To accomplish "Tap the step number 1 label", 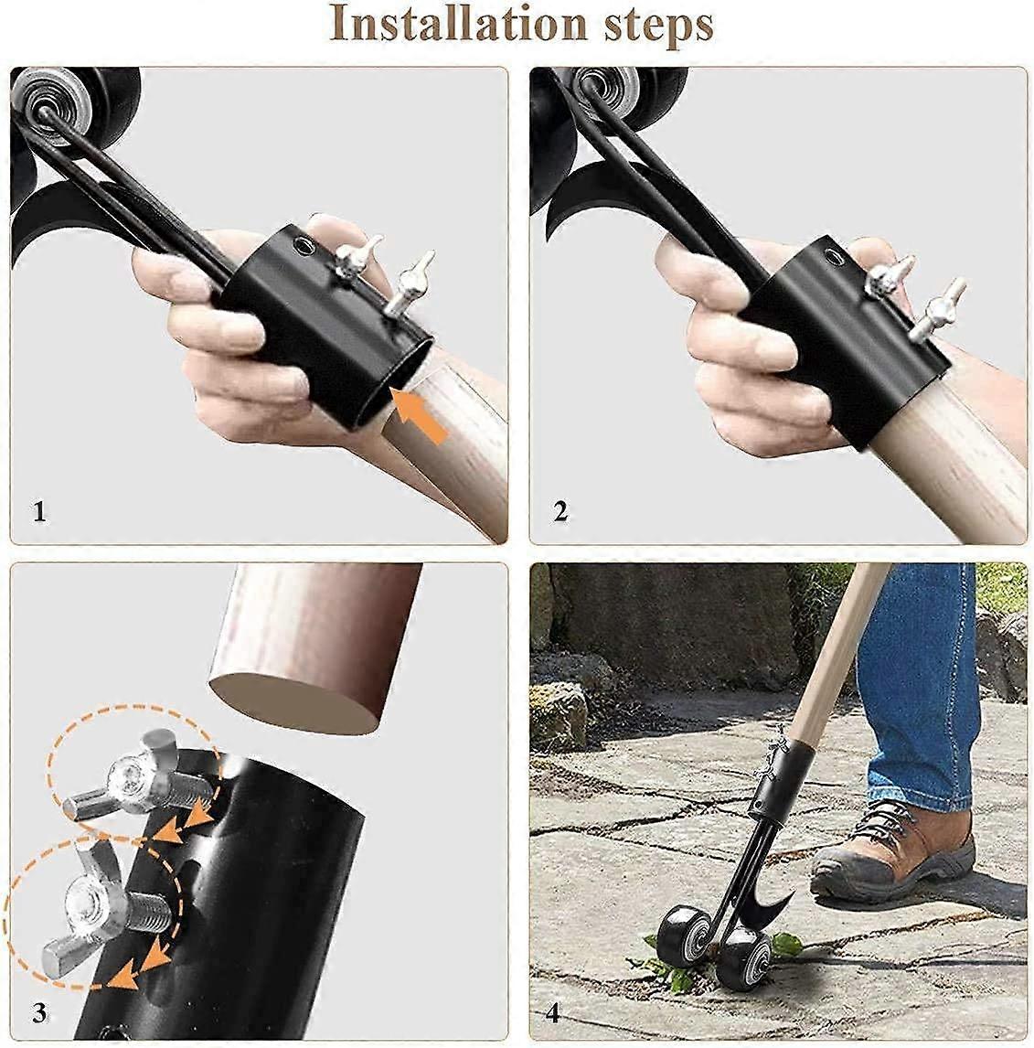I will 38,511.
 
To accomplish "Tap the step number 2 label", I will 560,511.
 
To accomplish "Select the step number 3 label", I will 39,1012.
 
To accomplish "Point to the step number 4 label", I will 553,1013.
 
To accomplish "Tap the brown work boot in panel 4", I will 891,846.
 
